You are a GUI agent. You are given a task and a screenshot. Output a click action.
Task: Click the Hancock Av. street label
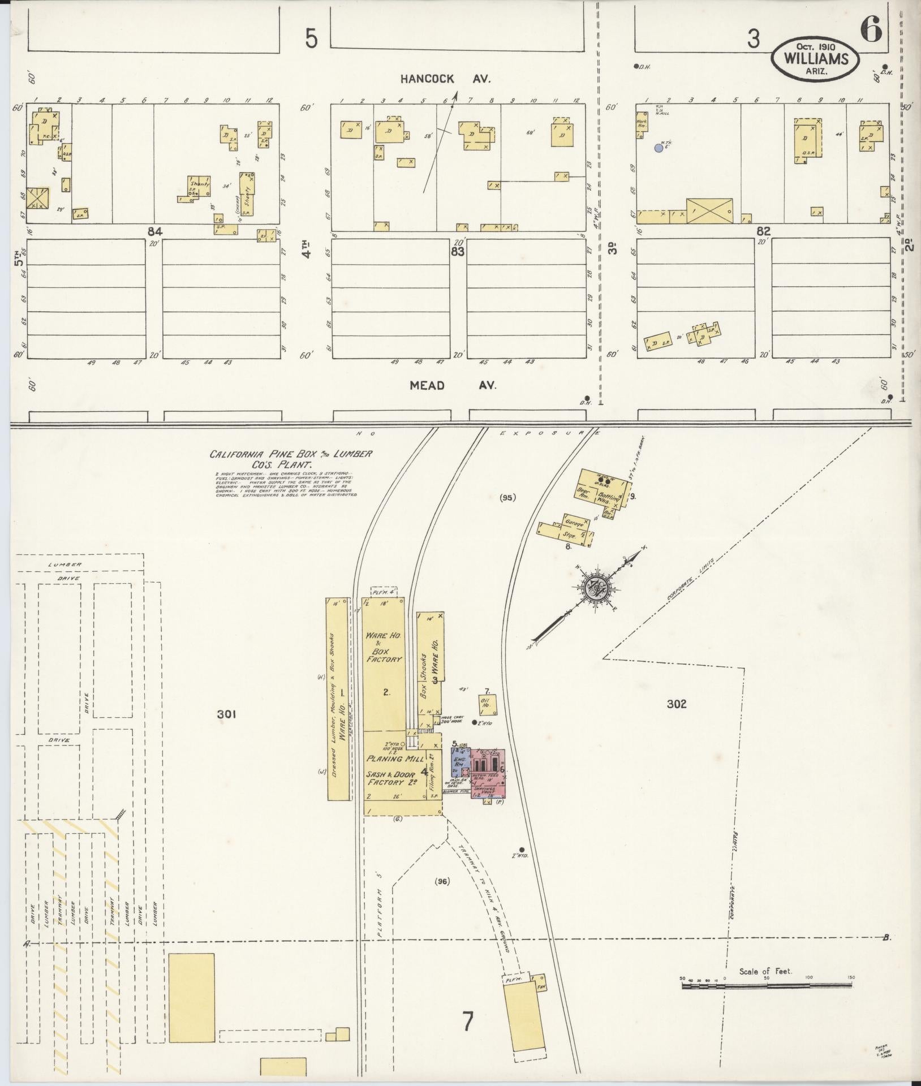[x=445, y=79]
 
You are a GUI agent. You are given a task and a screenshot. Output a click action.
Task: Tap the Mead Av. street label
[x=453, y=385]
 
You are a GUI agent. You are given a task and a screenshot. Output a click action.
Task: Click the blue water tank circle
[x=659, y=148]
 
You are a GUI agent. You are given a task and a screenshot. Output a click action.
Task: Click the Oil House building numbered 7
[x=488, y=705]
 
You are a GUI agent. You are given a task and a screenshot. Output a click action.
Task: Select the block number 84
[x=154, y=231]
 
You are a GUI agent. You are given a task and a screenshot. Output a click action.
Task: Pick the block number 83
[x=457, y=252]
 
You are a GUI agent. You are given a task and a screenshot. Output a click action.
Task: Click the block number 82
[x=763, y=231]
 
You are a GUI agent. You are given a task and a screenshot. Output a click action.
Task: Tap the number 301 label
[x=227, y=715]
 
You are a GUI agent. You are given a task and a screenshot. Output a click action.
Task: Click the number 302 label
[x=676, y=704]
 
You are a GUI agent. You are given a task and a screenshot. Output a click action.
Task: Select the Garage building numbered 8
[x=566, y=529]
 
